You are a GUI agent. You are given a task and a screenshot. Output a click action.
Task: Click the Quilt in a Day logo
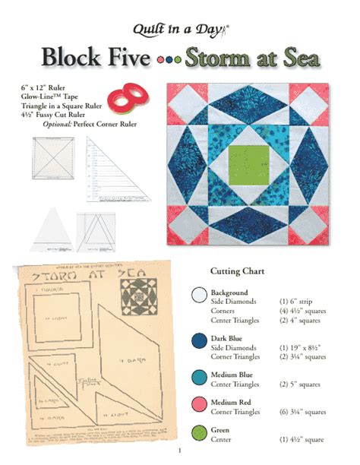tap(180, 30)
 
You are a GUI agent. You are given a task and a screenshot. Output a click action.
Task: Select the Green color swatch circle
tap(200, 432)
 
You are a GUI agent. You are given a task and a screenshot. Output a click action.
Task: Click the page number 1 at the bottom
tap(181, 455)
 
